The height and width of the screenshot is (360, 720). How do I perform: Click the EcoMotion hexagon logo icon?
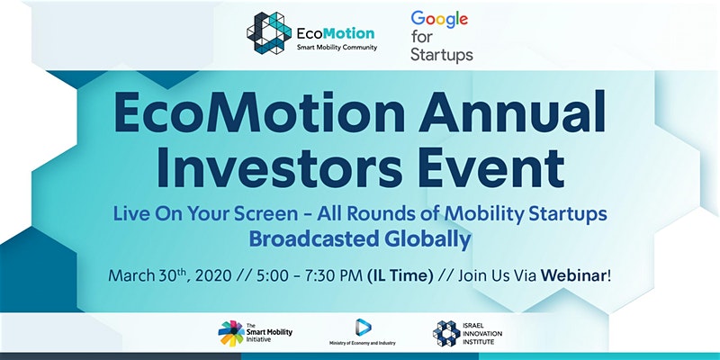[x=268, y=33]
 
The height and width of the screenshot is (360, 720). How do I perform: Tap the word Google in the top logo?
[x=439, y=19]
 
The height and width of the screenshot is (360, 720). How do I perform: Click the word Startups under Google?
[x=442, y=55]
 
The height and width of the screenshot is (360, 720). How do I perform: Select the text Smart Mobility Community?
[x=337, y=48]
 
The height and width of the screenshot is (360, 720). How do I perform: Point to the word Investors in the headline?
[x=280, y=166]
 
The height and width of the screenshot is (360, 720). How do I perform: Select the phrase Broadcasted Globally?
[x=360, y=239]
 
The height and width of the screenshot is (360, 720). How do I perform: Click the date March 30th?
[x=149, y=275]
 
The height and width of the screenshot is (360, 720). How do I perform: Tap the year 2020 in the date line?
[x=216, y=276]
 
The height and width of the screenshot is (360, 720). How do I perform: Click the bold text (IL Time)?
[x=400, y=276]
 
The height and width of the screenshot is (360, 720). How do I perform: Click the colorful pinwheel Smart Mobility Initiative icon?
[x=231, y=333]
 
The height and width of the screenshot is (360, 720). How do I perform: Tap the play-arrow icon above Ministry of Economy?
[x=363, y=328]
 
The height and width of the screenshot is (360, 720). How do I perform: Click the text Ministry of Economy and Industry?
[x=363, y=343]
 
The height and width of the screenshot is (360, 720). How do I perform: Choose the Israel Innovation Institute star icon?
[x=446, y=333]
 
